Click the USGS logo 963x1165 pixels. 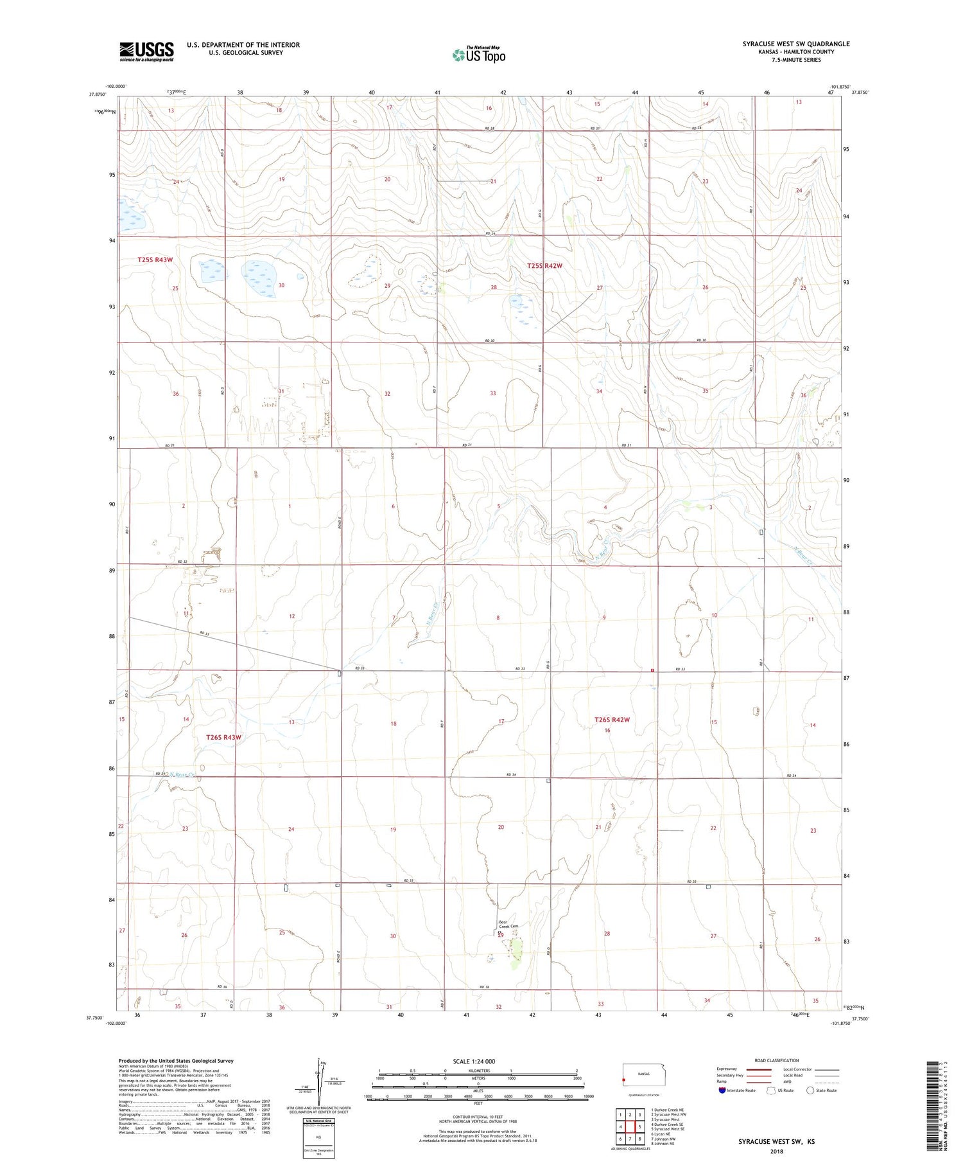[x=146, y=51]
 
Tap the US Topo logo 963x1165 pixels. [x=478, y=55]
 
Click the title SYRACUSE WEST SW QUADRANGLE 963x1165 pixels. [x=795, y=44]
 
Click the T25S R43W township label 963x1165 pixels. [x=155, y=260]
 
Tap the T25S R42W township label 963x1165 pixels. [x=544, y=266]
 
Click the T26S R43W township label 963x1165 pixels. [x=223, y=737]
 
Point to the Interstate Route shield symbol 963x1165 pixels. [x=722, y=1090]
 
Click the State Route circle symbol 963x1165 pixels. [x=810, y=1090]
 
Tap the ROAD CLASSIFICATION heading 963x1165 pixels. [x=776, y=1060]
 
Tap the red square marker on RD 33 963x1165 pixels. [x=652, y=670]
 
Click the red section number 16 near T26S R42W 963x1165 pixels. [x=607, y=731]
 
